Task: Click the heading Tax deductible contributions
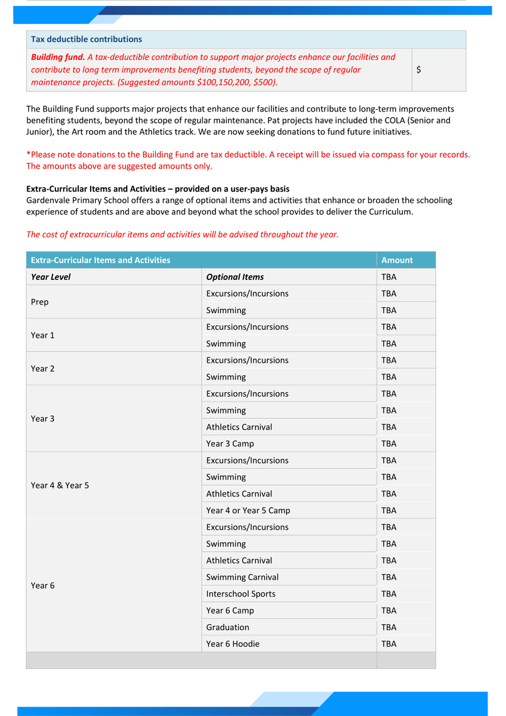[87, 39]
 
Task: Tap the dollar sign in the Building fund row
[419, 70]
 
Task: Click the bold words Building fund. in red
[58, 57]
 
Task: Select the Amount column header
[397, 260]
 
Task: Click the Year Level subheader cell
[51, 277]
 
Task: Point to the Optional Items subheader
[235, 277]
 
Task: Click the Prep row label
[39, 302]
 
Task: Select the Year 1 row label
[42, 335]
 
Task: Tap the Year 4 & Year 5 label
[60, 486]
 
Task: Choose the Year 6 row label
[42, 586]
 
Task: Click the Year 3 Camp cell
[230, 444]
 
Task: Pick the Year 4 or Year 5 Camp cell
[248, 511]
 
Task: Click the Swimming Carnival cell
[242, 578]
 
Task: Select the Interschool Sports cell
[240, 594]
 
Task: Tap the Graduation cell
[227, 628]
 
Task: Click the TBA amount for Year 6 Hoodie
[388, 644]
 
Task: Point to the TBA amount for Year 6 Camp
[388, 611]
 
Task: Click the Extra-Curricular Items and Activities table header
[100, 260]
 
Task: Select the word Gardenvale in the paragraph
[48, 200]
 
